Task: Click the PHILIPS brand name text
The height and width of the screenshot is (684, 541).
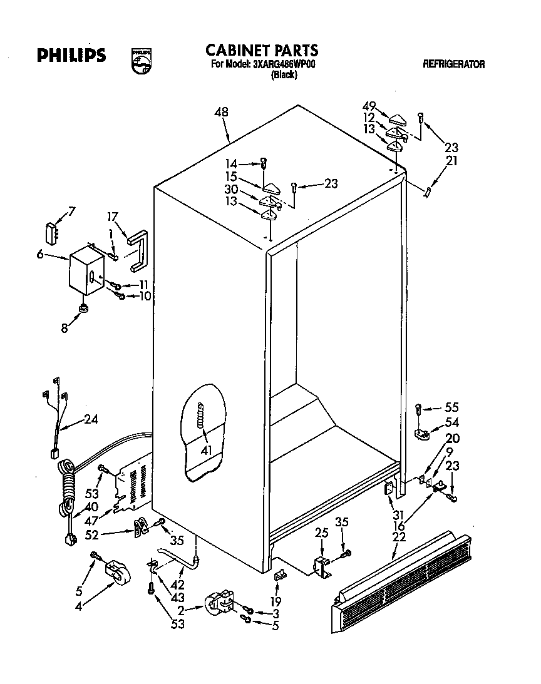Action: tap(70, 56)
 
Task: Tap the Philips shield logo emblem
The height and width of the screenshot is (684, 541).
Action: tap(141, 62)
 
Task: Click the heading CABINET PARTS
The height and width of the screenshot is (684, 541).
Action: tap(262, 50)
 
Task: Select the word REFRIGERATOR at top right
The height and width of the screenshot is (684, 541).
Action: tap(453, 64)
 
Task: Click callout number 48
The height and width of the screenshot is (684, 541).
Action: tap(220, 113)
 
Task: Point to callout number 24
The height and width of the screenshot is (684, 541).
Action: tap(91, 419)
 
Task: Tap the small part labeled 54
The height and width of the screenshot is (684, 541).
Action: tap(425, 433)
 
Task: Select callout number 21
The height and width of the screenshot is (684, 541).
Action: tap(451, 161)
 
